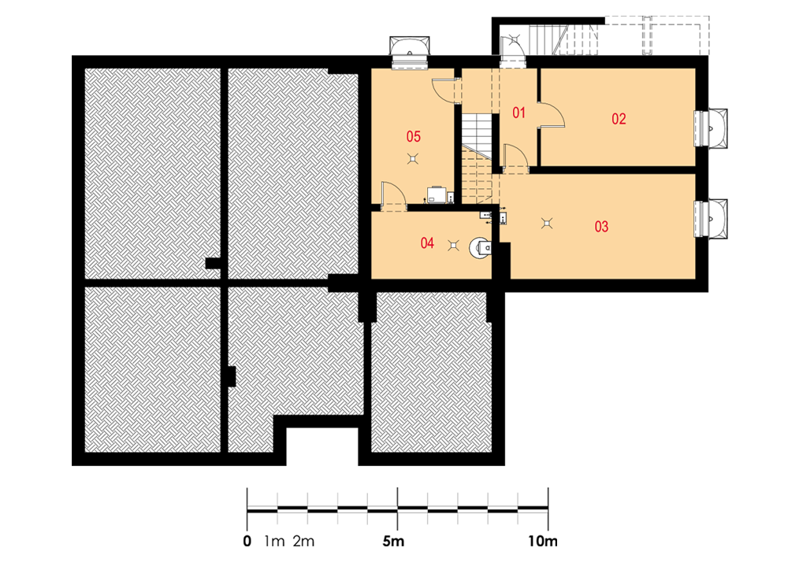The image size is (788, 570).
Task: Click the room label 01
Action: click(x=519, y=113)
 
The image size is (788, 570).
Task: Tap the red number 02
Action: click(x=619, y=119)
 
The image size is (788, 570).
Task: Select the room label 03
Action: click(x=601, y=227)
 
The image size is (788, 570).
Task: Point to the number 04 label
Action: click(x=427, y=243)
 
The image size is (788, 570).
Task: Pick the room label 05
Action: click(x=414, y=136)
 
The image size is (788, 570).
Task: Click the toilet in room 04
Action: click(x=481, y=247)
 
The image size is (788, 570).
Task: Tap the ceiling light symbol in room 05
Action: click(x=413, y=159)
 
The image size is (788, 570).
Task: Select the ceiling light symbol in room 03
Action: click(x=547, y=223)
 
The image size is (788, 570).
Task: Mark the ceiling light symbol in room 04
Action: click(x=453, y=246)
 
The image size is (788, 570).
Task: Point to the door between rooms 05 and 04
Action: click(x=392, y=195)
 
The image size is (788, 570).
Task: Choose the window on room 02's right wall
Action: click(x=711, y=128)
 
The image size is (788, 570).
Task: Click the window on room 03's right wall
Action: click(x=711, y=218)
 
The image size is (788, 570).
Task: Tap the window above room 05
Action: click(x=410, y=51)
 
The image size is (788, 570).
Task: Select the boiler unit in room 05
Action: click(x=437, y=194)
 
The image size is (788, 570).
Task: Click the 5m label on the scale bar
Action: click(x=393, y=542)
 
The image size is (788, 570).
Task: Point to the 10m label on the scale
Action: click(x=543, y=542)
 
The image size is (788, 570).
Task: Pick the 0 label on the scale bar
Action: click(x=247, y=542)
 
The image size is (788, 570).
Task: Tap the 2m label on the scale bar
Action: click(x=303, y=542)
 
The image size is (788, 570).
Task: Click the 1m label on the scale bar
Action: click(x=274, y=542)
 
